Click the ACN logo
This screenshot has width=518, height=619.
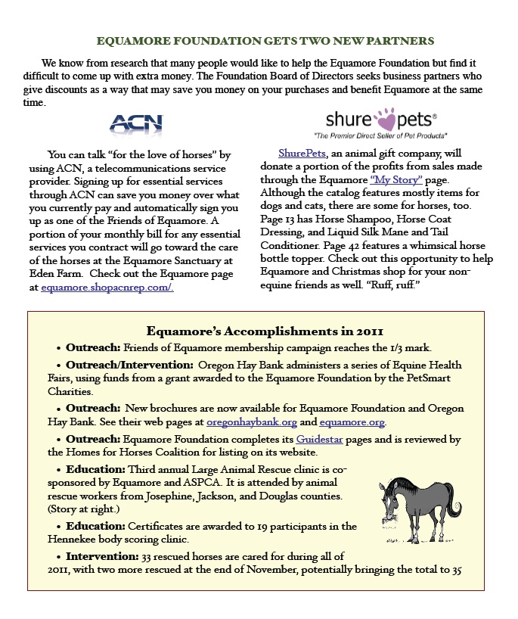click(x=136, y=123)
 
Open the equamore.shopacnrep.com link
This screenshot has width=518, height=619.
click(x=107, y=288)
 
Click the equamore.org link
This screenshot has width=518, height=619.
click(x=352, y=422)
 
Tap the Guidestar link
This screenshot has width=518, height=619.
click(x=318, y=439)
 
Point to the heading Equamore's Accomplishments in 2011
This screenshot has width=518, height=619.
click(x=265, y=331)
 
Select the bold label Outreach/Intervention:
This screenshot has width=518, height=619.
click(x=129, y=365)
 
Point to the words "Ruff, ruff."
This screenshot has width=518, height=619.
click(x=399, y=287)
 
